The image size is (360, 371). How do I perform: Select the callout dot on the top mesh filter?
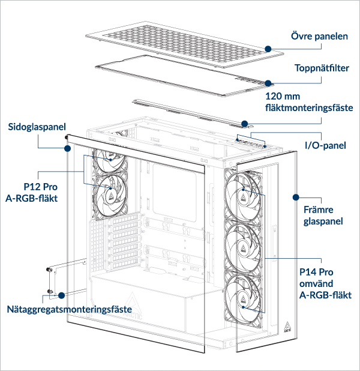tap(268, 83)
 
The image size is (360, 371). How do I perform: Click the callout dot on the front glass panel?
tap(295, 196)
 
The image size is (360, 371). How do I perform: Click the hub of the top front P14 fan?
tap(244, 192)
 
